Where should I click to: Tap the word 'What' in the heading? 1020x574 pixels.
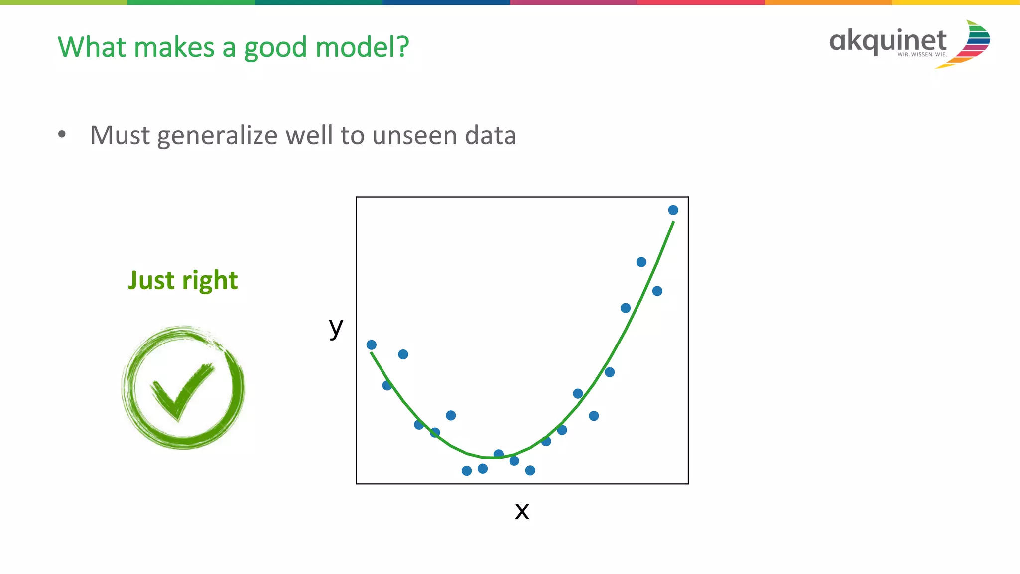click(x=92, y=47)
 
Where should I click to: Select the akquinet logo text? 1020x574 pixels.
click(x=888, y=40)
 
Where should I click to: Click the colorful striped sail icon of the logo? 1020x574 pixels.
click(x=971, y=44)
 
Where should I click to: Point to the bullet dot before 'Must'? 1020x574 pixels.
click(x=62, y=135)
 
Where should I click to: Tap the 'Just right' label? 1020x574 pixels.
click(x=183, y=280)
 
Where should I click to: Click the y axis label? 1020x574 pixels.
click(x=336, y=327)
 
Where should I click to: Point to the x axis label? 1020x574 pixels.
click(x=522, y=511)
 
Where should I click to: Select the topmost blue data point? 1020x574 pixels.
click(x=673, y=210)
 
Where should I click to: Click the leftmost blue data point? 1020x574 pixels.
click(x=371, y=345)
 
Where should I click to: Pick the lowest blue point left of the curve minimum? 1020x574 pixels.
click(x=467, y=471)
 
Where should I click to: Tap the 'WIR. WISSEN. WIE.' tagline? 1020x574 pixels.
click(x=922, y=54)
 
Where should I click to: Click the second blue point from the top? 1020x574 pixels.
click(x=641, y=262)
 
